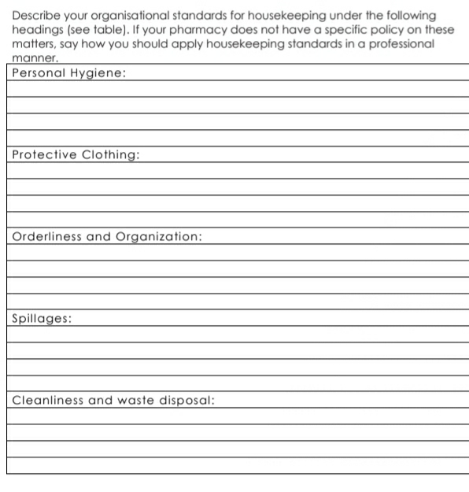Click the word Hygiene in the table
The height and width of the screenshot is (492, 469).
(x=98, y=73)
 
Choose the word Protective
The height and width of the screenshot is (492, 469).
(x=44, y=154)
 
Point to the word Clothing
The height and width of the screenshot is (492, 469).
(x=110, y=155)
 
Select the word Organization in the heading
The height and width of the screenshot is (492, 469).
(x=159, y=237)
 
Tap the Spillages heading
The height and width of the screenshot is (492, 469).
(x=42, y=319)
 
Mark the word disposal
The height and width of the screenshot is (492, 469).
(x=186, y=400)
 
